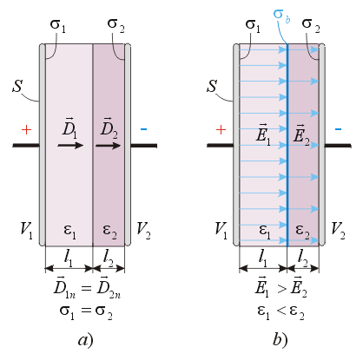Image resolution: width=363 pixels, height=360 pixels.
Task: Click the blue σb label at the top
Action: click(281, 16)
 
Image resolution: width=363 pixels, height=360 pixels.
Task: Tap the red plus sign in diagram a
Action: click(26, 130)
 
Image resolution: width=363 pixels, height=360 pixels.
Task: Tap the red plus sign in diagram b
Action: click(221, 130)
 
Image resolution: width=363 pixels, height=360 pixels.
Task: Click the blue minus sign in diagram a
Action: click(143, 129)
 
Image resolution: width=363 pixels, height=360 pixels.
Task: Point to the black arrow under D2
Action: click(108, 145)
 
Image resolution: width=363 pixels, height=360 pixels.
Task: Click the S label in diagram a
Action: click(17, 86)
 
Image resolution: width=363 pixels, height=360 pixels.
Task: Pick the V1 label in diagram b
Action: click(221, 231)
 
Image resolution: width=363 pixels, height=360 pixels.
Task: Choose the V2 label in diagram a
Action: click(143, 231)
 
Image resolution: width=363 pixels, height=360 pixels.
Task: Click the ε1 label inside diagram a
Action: click(69, 232)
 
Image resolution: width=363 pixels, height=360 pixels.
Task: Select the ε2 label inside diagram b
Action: click(303, 232)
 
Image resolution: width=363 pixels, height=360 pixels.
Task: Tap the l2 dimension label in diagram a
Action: click(109, 258)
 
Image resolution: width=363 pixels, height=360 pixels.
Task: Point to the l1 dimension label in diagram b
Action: click(263, 258)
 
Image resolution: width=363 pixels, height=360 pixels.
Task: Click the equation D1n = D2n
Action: click(87, 287)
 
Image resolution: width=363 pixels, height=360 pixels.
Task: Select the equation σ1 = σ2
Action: click(86, 311)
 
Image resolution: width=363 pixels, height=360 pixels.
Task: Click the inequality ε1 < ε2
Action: click(280, 311)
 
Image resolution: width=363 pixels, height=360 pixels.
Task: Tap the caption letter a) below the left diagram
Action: click(86, 340)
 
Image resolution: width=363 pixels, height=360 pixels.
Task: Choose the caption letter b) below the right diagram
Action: click(280, 339)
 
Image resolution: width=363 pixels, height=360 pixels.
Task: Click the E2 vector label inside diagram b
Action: click(301, 134)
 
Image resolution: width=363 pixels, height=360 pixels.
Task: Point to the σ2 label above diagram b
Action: click(311, 24)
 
